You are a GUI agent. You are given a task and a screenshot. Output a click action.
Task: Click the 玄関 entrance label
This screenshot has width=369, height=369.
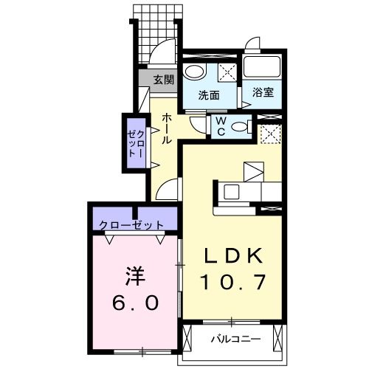tap(163, 79)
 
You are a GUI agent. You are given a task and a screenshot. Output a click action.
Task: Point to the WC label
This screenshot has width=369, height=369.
tap(219, 128)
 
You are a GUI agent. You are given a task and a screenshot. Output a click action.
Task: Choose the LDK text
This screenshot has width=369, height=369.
tap(233, 256)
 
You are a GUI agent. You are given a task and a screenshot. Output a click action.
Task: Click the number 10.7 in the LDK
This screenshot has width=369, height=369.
tap(233, 281)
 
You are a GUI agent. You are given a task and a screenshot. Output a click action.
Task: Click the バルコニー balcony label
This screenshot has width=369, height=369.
tap(233, 340)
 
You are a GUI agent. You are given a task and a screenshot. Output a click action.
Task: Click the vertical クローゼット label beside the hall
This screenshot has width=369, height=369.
tap(134, 143)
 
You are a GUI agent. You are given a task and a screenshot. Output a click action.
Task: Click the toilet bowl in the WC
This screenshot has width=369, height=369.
tap(238, 127)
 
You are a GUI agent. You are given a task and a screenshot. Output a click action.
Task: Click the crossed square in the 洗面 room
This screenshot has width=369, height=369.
tap(227, 72)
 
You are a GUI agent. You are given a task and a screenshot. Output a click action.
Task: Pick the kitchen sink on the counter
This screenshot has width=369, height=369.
tap(231, 192)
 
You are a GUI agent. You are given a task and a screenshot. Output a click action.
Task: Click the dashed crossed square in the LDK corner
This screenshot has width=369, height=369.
tap(269, 134)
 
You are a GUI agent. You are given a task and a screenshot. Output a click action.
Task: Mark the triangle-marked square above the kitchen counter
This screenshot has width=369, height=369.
tap(254, 172)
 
